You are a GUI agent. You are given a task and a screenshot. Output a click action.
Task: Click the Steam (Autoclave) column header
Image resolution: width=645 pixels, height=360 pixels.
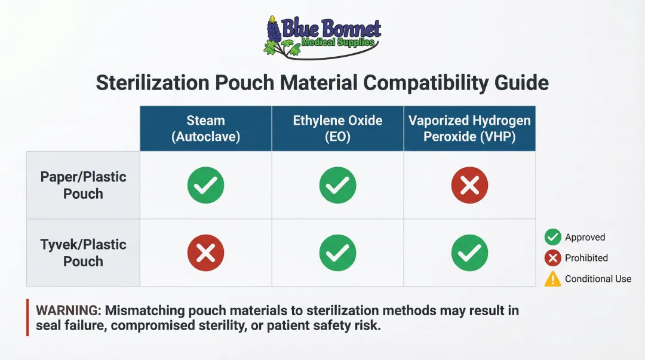click(205, 128)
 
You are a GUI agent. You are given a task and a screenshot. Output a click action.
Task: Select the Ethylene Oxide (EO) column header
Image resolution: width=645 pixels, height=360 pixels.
click(337, 128)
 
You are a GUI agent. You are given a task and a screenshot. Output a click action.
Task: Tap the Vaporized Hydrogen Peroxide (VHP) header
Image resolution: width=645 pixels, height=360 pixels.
click(469, 128)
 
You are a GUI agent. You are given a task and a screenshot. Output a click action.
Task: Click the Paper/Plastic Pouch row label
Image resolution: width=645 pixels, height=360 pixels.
click(83, 185)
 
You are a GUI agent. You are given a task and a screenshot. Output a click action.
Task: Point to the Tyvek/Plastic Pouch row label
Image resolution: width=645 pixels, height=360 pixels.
click(83, 253)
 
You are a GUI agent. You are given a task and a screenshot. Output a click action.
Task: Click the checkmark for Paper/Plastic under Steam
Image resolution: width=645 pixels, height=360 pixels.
click(205, 185)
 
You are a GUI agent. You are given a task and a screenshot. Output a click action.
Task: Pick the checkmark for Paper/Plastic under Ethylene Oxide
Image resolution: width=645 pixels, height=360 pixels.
click(337, 185)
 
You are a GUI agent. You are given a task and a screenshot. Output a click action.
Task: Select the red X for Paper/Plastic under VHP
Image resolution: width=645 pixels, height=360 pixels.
click(469, 185)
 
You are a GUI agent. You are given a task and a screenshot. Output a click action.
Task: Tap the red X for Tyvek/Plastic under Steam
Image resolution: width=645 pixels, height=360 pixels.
click(205, 253)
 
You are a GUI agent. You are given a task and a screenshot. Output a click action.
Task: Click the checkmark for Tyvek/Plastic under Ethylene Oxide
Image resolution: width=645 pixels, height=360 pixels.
click(337, 253)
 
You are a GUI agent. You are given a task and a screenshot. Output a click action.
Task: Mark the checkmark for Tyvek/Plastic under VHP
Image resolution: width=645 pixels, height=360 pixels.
click(469, 253)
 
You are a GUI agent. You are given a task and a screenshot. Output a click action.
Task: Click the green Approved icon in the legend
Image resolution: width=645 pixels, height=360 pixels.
click(552, 237)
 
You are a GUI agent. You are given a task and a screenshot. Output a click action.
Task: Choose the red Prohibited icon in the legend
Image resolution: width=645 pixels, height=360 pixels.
click(552, 258)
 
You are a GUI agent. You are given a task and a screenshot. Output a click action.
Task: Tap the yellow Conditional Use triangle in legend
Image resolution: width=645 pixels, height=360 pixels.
click(552, 279)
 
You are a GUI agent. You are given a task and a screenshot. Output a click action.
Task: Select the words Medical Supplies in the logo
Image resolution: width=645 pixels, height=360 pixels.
click(338, 43)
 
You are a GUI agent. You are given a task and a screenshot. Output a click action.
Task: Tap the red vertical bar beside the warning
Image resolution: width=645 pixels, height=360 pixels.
click(27, 318)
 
